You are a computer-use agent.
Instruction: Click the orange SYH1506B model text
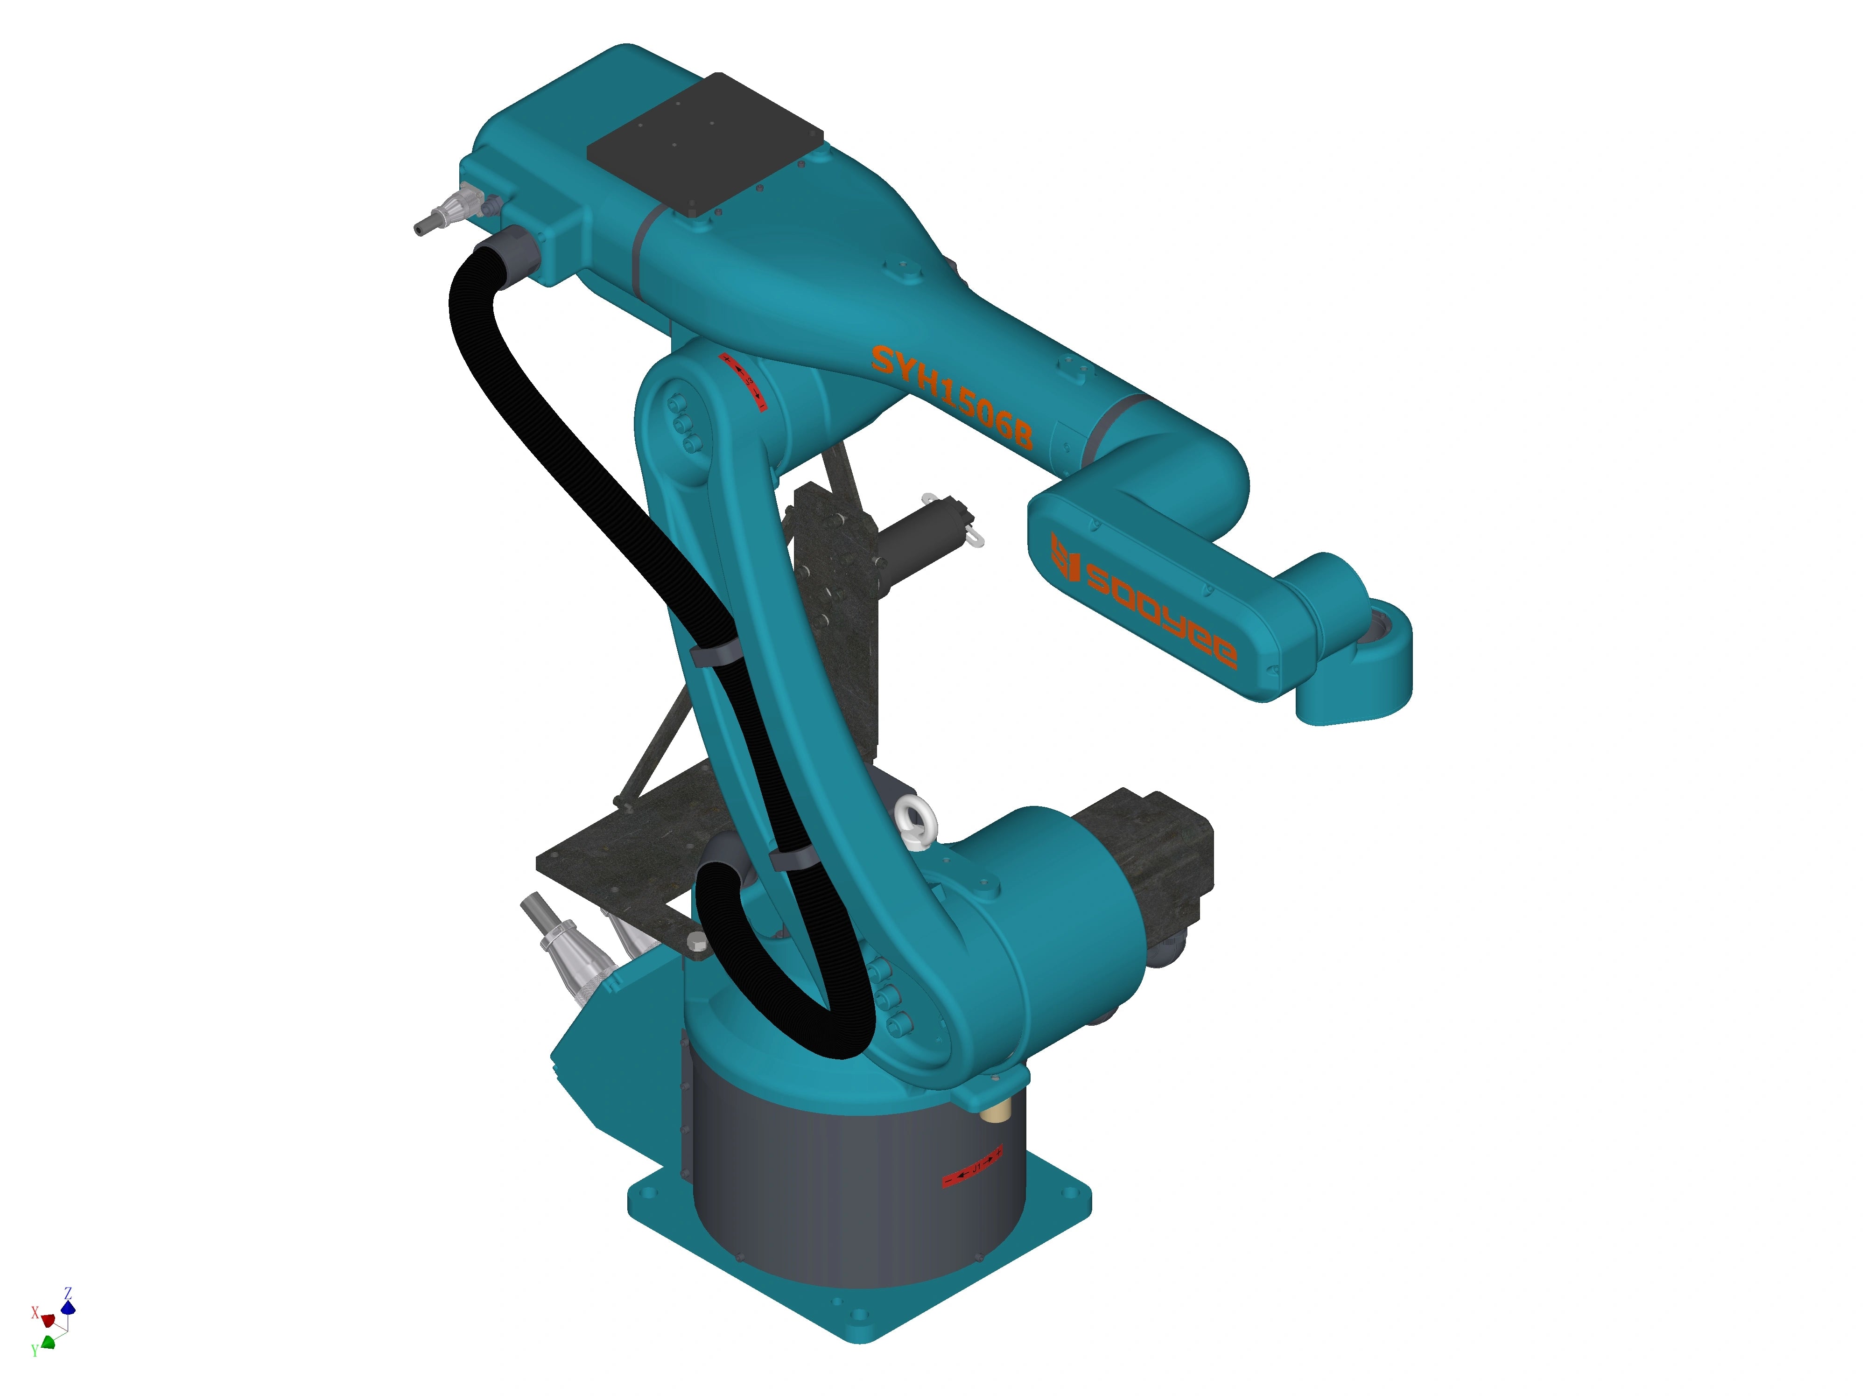(x=951, y=397)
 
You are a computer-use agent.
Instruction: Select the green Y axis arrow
(x=48, y=1341)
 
